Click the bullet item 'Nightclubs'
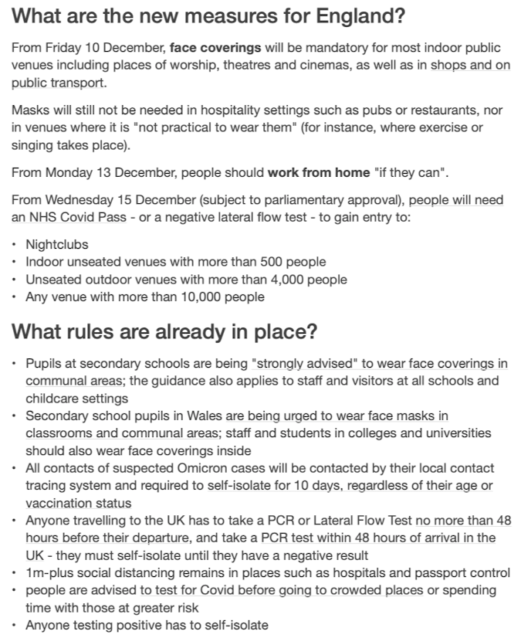(x=57, y=245)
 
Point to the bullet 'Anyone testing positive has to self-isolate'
(x=147, y=625)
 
